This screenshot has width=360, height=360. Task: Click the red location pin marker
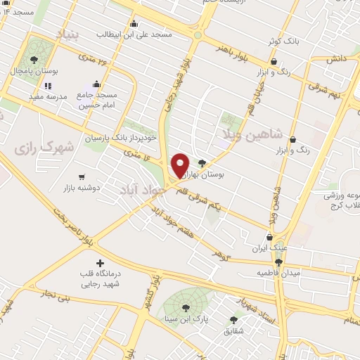180,165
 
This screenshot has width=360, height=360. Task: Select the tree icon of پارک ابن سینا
186,307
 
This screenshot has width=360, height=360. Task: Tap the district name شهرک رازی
43,148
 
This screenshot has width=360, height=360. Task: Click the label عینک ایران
270,248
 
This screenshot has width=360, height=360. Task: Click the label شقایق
233,329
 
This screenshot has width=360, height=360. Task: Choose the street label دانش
335,60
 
